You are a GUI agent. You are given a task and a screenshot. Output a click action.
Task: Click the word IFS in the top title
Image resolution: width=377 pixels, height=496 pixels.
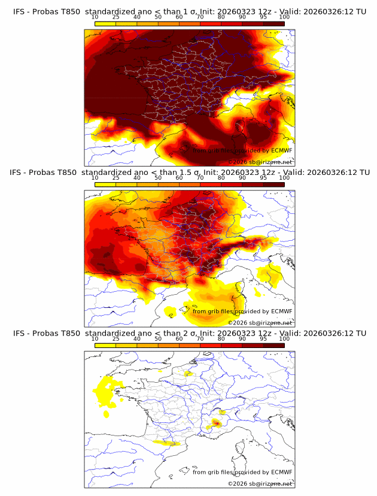[20, 11]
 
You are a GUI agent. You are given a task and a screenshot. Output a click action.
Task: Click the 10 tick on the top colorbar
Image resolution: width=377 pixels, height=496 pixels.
[95, 17]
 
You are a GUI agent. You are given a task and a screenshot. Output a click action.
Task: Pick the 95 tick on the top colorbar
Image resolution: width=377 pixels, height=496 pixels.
[263, 17]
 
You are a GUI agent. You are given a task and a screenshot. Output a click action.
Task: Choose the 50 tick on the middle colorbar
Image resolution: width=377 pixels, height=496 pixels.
[158, 177]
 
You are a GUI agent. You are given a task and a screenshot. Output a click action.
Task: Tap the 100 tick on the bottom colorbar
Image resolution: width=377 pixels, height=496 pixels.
[284, 338]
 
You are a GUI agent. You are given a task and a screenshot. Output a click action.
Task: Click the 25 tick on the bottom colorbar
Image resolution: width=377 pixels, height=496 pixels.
[115, 338]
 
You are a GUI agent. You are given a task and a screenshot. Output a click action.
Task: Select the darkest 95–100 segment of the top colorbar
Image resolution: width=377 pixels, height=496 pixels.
[273, 23]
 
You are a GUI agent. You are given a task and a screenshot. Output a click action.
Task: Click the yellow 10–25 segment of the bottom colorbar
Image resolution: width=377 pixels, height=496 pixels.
[105, 345]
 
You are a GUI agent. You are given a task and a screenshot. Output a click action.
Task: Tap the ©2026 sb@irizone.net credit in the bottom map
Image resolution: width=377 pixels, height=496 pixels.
[260, 483]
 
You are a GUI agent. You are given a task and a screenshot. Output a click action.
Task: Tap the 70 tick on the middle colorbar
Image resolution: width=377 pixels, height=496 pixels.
[200, 177]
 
